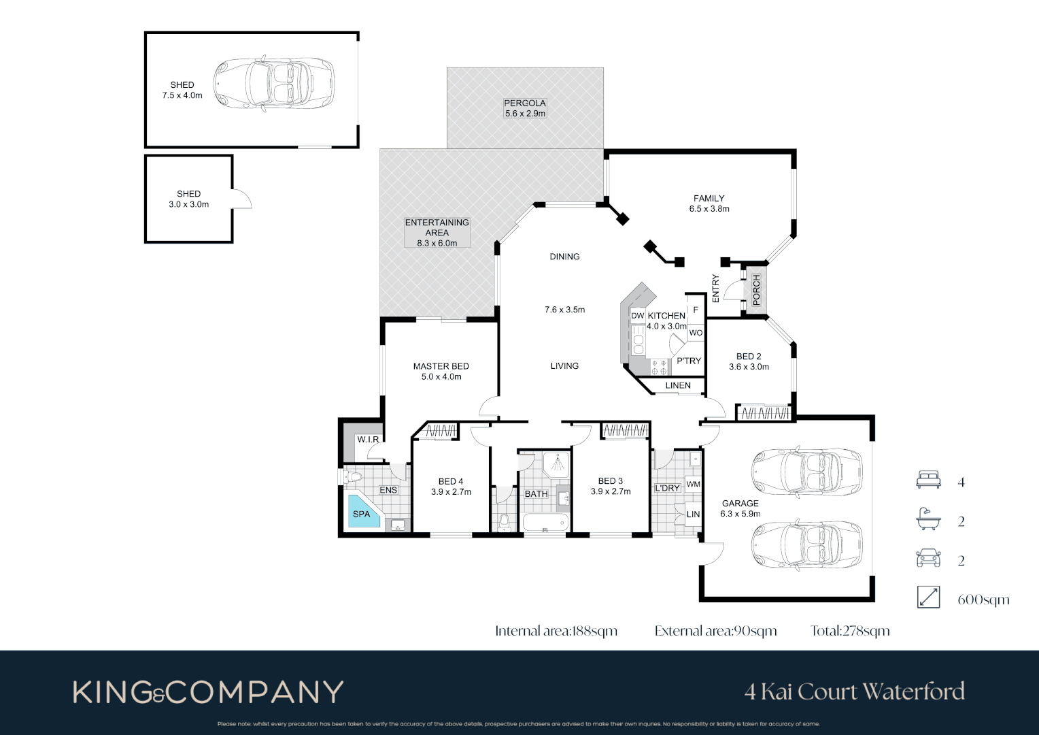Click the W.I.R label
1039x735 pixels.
[x=368, y=440]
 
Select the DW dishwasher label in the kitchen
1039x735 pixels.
[x=637, y=316]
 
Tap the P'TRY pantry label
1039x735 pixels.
[x=688, y=361]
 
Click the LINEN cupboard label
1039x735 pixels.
[x=677, y=385]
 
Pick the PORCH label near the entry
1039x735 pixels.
[x=756, y=290]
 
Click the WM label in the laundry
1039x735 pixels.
[x=693, y=485]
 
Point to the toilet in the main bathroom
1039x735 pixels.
[x=504, y=523]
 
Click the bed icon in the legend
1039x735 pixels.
[x=928, y=480]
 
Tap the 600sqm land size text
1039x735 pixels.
[x=983, y=600]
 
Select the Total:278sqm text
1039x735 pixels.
[x=850, y=631]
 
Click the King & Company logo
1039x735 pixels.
[x=208, y=692]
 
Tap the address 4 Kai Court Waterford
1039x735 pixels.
[x=854, y=692]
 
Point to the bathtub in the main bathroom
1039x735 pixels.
[x=545, y=522]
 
